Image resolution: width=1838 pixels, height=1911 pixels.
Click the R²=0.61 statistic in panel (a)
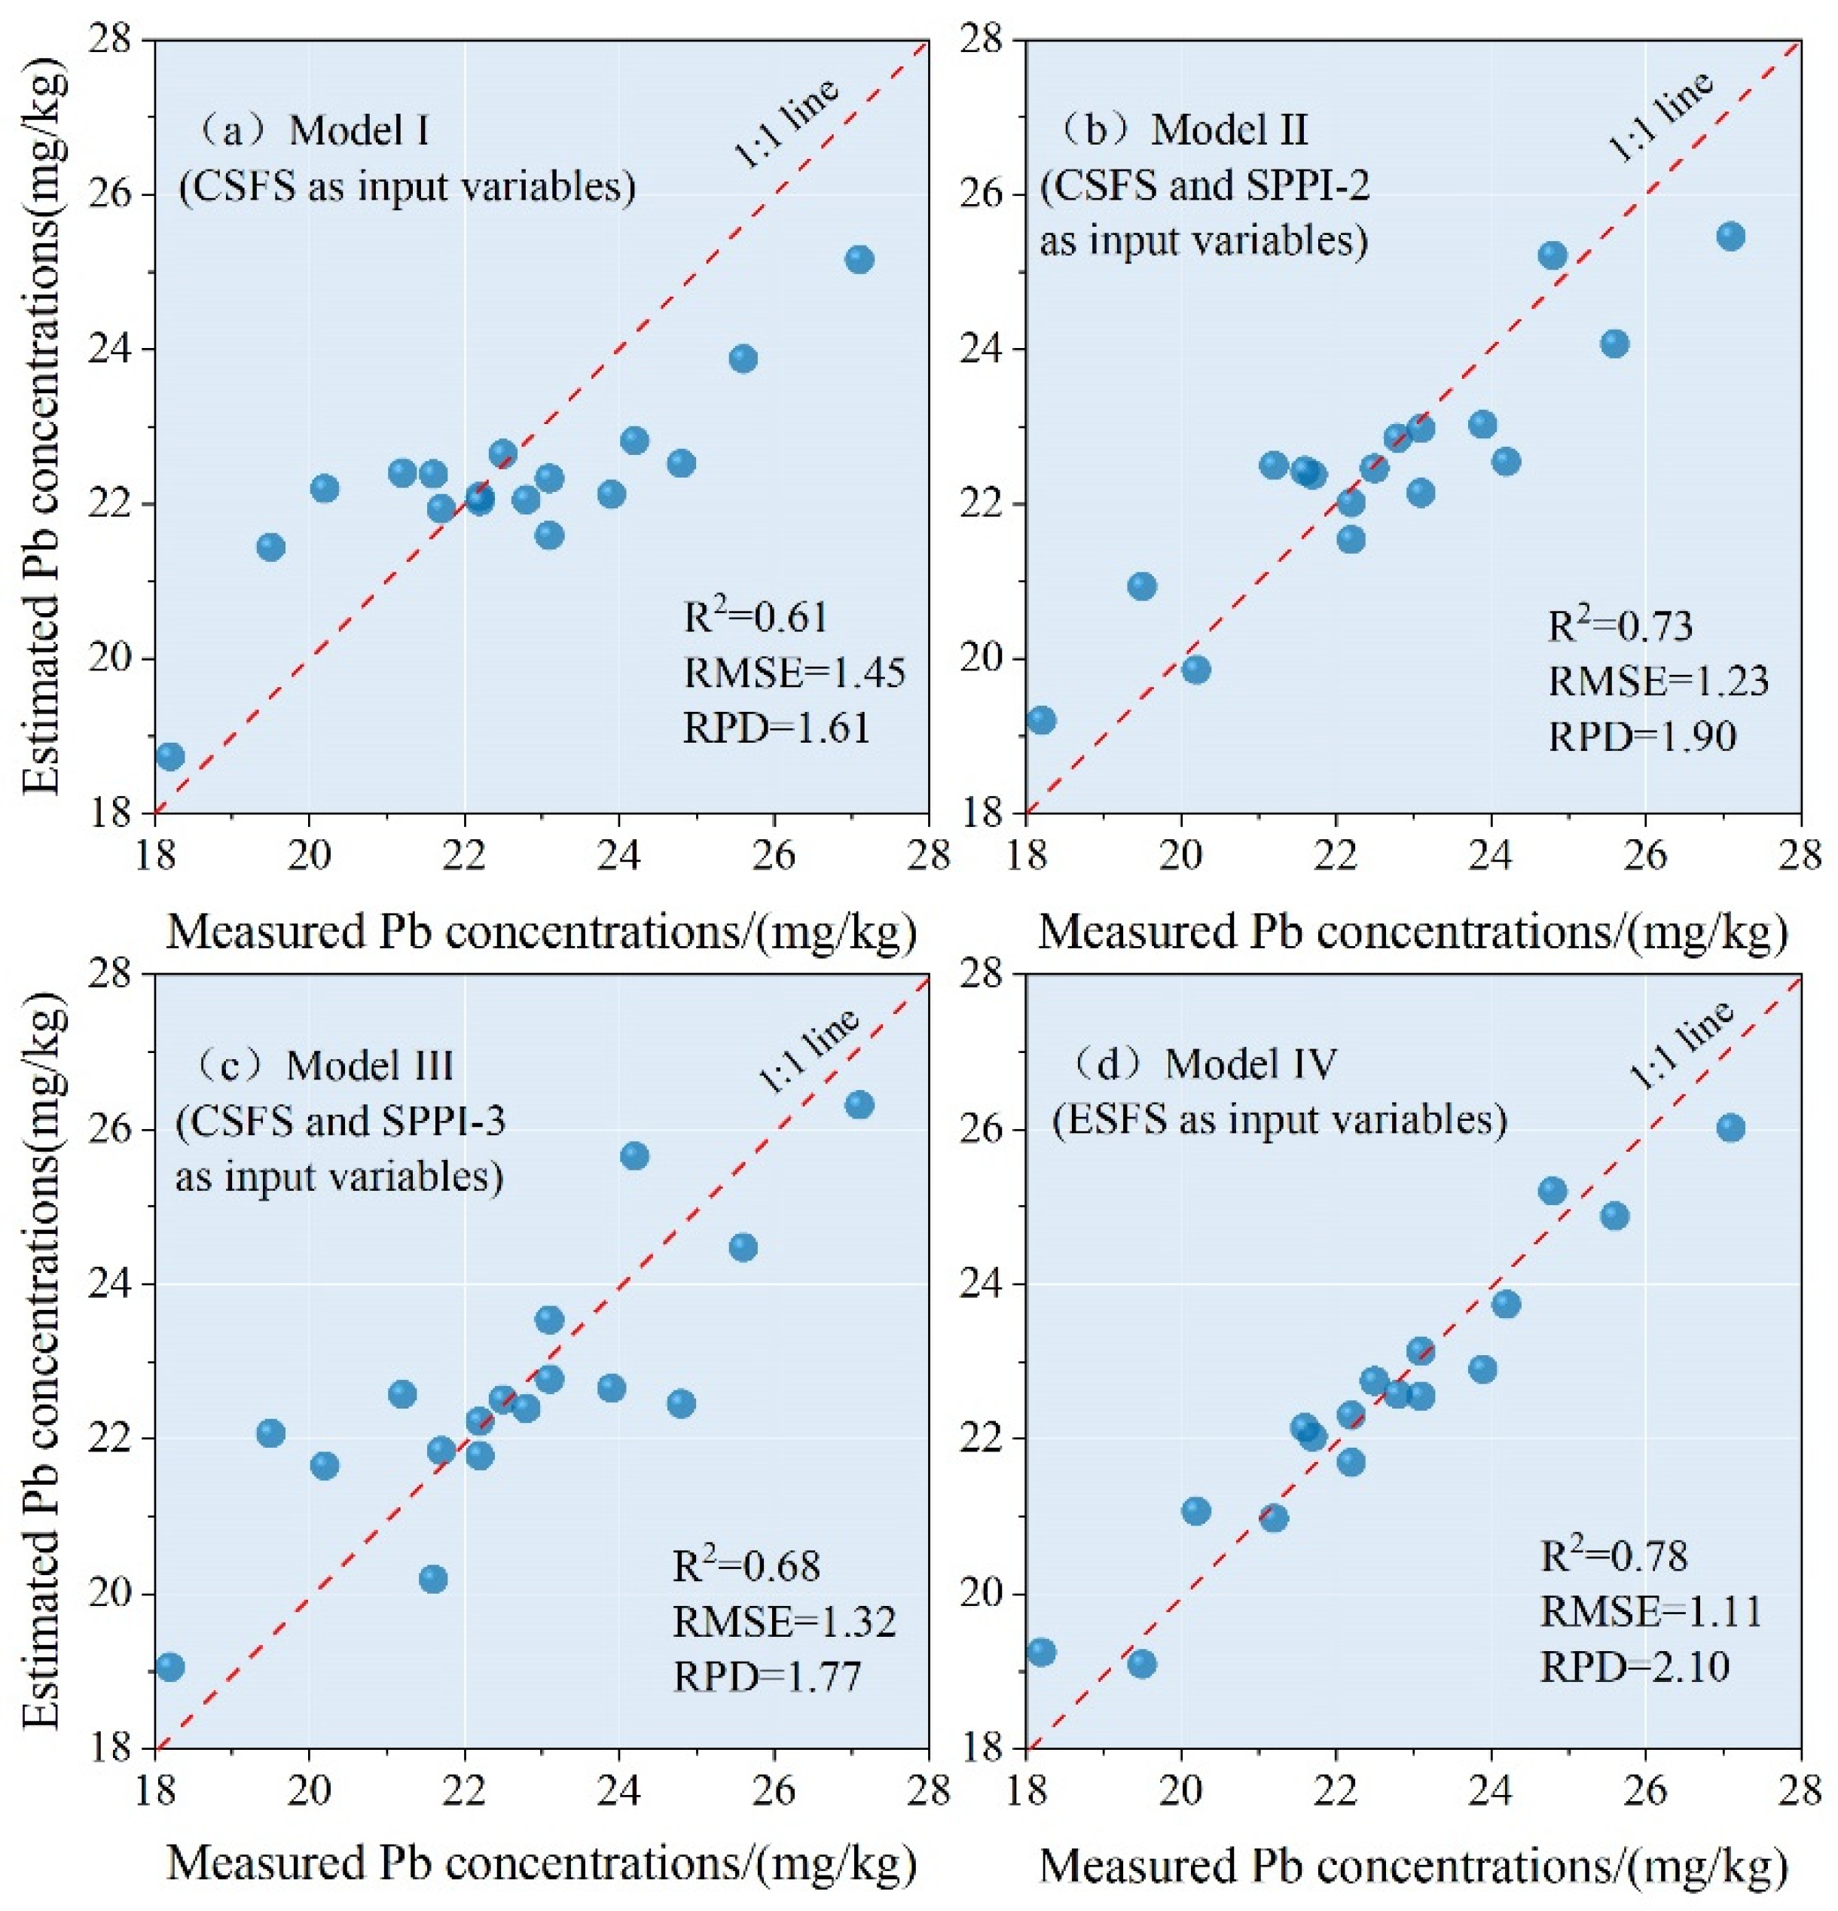point(756,616)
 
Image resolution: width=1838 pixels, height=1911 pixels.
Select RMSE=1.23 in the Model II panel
point(1658,679)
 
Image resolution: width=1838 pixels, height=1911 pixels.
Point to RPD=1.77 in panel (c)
point(768,1676)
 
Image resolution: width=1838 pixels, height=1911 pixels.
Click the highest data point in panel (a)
point(859,259)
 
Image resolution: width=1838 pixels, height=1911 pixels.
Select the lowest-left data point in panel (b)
point(1040,719)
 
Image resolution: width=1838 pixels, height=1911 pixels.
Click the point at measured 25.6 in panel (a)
point(743,359)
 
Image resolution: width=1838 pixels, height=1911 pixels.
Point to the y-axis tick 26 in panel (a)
point(122,194)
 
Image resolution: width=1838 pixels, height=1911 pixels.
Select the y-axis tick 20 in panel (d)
point(994,1593)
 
